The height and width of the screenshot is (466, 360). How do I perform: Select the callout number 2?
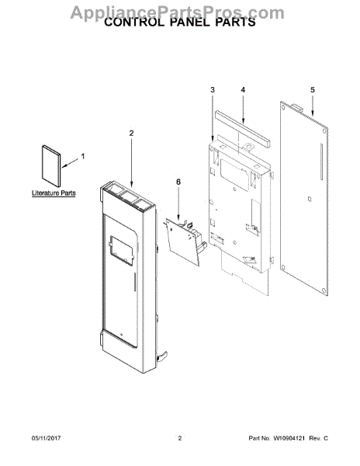point(130,133)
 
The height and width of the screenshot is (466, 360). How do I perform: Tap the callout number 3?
point(212,91)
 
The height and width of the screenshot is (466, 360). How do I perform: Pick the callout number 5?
point(313,90)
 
